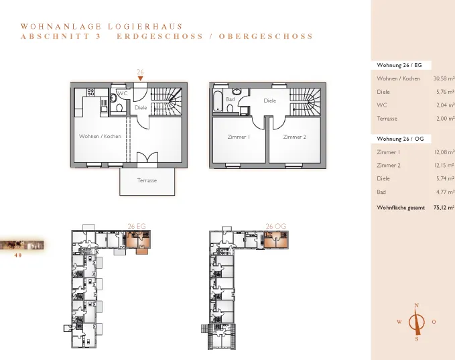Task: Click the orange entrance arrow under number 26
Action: (141, 78)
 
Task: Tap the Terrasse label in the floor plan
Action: (147, 180)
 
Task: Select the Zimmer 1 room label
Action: (239, 137)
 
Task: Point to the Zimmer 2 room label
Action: (295, 137)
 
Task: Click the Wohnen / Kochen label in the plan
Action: (100, 136)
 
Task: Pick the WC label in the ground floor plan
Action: (123, 93)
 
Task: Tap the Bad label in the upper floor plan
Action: (231, 99)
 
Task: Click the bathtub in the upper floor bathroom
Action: (218, 101)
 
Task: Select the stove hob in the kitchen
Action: (91, 93)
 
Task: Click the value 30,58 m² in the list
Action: (444, 78)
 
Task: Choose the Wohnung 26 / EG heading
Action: (399, 65)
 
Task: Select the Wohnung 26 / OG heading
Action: (400, 139)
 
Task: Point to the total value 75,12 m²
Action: (444, 208)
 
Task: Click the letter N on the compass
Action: (417, 306)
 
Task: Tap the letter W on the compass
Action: (399, 322)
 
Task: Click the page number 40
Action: (18, 255)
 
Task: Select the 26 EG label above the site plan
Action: (137, 226)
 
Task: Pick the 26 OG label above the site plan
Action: (276, 226)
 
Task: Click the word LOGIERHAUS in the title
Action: (145, 27)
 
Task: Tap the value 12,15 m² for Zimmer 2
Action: (444, 165)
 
